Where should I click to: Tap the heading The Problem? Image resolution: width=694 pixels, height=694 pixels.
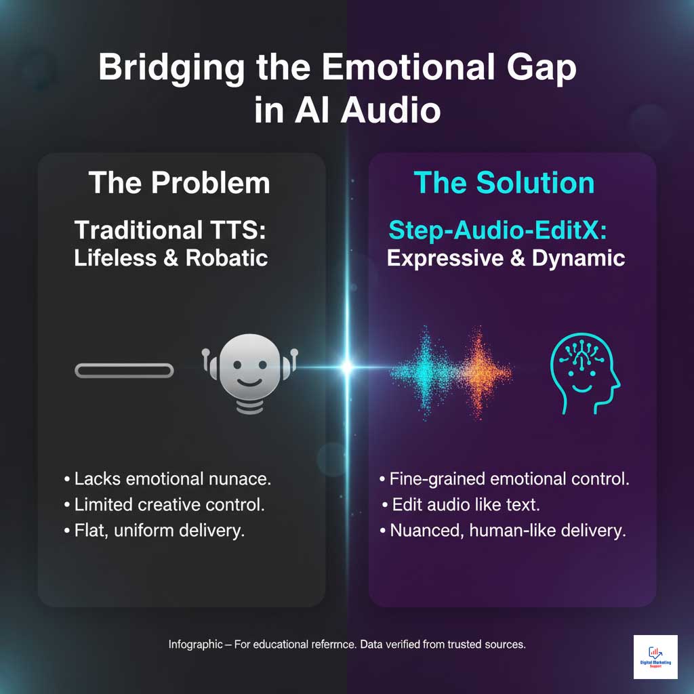(179, 183)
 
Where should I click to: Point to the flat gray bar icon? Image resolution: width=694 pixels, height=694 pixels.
(123, 370)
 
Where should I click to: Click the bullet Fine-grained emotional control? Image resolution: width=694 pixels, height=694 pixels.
(504, 479)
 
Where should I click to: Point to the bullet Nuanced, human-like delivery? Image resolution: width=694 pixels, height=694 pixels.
(502, 531)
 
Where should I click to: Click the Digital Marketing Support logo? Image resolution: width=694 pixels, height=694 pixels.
(655, 657)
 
